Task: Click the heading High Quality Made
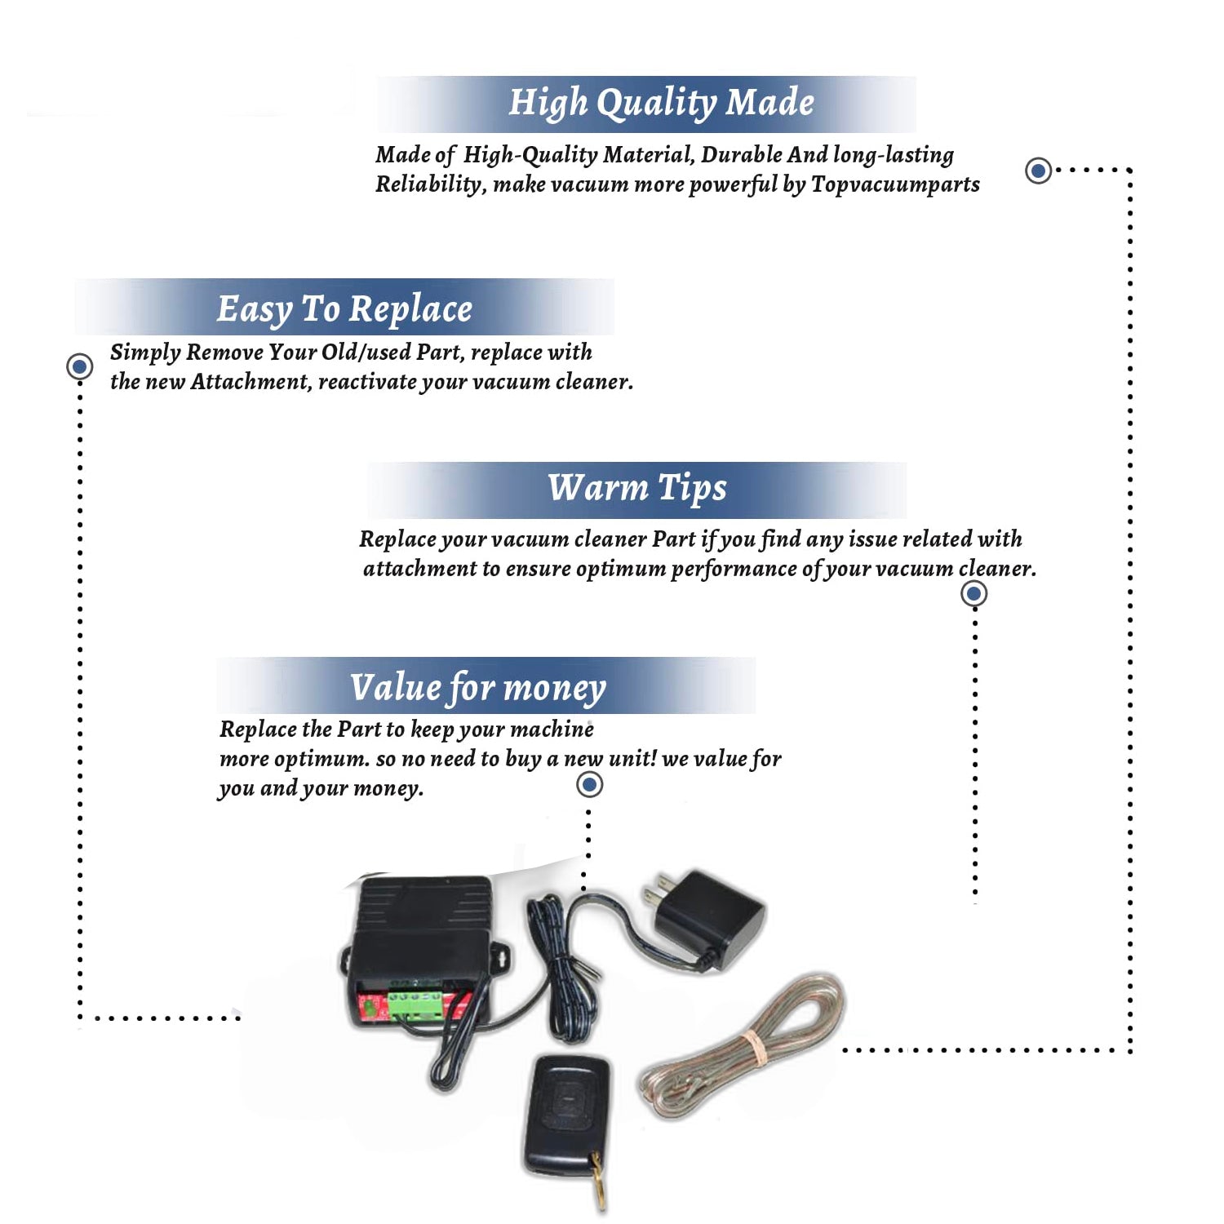(661, 104)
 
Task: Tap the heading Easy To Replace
(344, 309)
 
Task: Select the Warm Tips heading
(636, 488)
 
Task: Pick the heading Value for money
(478, 687)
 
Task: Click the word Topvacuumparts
(895, 184)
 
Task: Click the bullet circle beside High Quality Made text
(1038, 171)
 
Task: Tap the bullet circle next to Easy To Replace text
(79, 366)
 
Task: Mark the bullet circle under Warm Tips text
(973, 593)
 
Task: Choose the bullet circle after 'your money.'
(589, 785)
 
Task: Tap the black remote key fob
(565, 1113)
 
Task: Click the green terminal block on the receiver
(415, 1004)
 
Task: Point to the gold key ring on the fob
(600, 1183)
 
